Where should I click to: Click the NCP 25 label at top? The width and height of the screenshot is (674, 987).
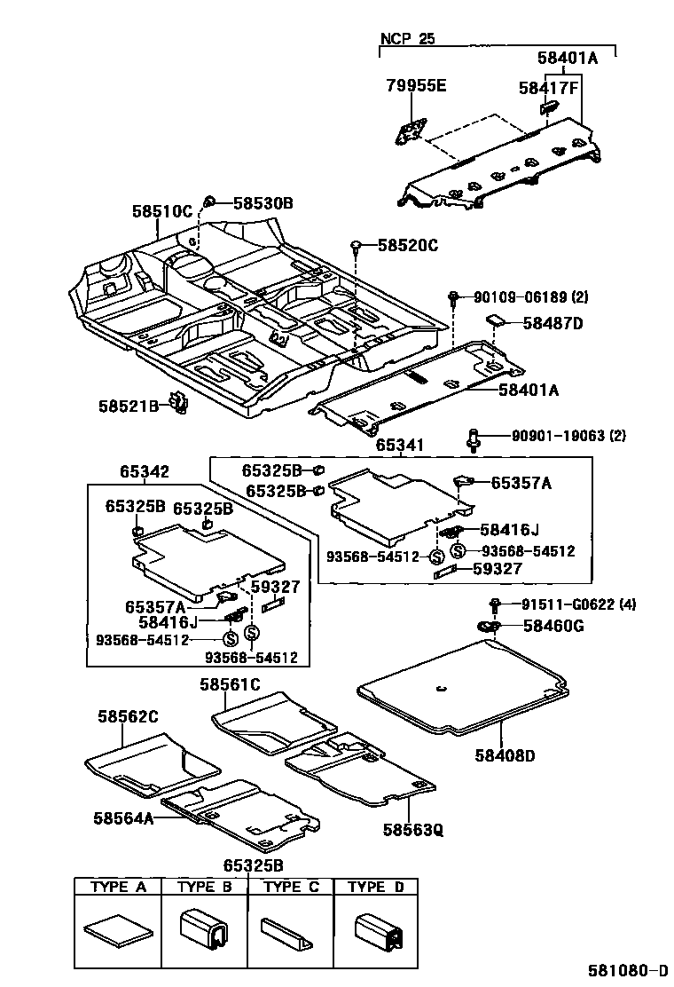coord(409,38)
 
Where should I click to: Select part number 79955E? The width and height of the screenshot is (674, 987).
coord(416,86)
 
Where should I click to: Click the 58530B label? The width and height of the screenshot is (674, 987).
coord(263,203)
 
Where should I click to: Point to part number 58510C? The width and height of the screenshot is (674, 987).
coord(161,211)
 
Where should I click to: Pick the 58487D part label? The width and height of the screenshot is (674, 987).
coord(553,323)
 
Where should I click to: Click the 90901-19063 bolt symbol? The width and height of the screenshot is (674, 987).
coord(474,436)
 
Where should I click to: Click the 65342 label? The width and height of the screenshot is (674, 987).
coord(145,472)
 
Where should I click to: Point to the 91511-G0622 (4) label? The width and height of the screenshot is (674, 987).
coord(578,605)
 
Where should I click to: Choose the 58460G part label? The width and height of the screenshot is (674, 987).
coord(553,627)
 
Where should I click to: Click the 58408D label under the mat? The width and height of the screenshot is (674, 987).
coord(503,755)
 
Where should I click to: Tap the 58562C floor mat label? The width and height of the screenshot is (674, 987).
coord(127,716)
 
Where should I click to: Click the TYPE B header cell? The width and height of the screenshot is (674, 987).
coord(204,887)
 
